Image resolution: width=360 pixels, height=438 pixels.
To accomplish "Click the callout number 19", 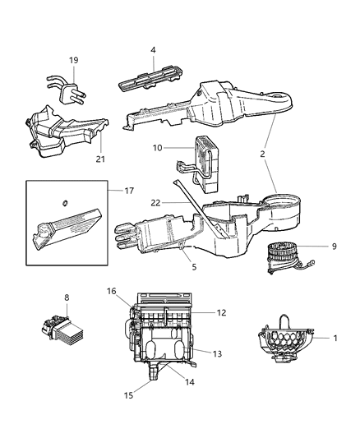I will coord(73,60).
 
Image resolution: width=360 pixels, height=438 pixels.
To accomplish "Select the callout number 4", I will coord(152,51).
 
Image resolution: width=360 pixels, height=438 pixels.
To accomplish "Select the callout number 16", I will coord(113,290).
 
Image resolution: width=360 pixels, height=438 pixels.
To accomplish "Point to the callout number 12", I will coord(220,312).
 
